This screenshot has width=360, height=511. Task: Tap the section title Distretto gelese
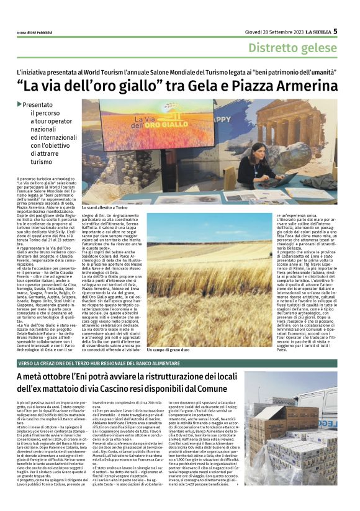(293, 48)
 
